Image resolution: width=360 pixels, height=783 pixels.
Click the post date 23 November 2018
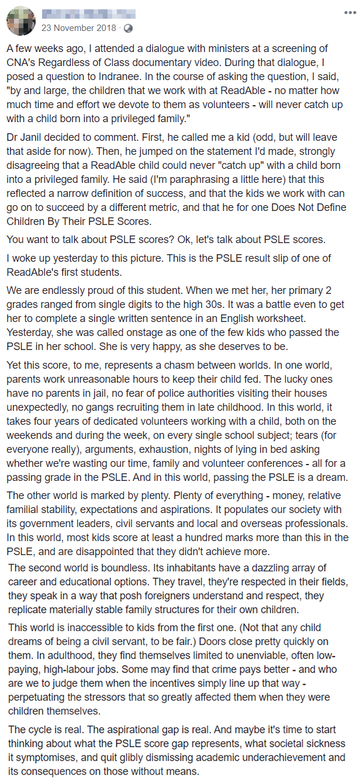(x=78, y=27)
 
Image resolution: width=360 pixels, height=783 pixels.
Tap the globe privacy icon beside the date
(x=128, y=27)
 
